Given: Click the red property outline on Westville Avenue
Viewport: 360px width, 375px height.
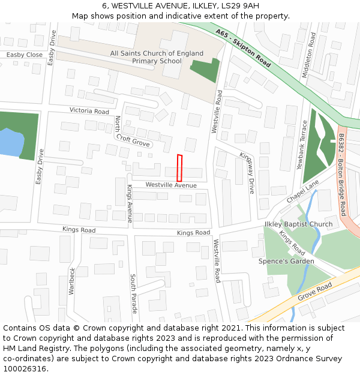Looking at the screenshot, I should [179, 168].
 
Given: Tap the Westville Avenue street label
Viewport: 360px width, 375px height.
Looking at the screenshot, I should [171, 185].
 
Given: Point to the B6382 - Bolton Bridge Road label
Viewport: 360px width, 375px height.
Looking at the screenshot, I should [342, 175].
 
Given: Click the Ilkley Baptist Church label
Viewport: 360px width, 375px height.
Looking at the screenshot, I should [298, 224].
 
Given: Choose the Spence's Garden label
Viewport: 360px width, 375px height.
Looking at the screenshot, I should [286, 261].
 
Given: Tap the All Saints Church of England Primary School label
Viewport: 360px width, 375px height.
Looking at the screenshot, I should [157, 57].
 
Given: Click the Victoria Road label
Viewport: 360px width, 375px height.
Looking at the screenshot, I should [89, 111].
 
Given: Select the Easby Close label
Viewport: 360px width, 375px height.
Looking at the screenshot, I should [25, 55].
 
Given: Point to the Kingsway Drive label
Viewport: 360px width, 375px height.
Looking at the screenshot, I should [247, 173].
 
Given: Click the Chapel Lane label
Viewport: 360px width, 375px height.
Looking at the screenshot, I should [302, 194].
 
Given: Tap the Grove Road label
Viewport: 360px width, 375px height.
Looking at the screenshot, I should [315, 293].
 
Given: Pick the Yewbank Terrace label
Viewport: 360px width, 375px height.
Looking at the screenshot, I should [304, 145].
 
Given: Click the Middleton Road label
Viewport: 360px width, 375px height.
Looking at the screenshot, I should [311, 56].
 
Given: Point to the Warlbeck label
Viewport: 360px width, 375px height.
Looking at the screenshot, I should [71, 280].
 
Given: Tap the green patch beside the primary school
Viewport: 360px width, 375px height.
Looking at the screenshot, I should [205, 71].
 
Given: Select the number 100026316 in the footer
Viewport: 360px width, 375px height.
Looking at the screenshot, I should [25, 368].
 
